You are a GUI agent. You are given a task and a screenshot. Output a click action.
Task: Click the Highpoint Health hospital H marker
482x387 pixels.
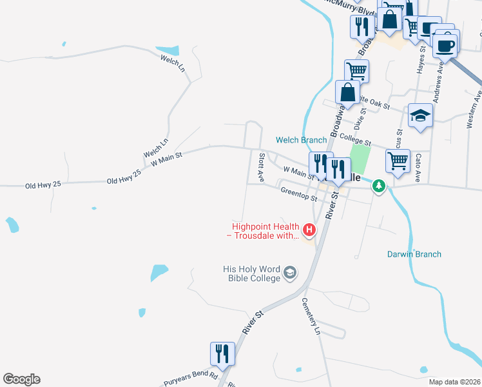(310, 229)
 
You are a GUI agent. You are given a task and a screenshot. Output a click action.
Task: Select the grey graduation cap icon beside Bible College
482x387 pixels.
(290, 273)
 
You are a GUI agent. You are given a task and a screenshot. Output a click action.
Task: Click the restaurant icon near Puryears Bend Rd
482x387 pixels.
(222, 353)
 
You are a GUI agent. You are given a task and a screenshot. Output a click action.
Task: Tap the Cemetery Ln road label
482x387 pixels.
(311, 317)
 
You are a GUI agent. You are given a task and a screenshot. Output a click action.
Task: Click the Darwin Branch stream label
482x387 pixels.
(414, 254)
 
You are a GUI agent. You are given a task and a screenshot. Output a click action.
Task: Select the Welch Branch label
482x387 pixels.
(302, 140)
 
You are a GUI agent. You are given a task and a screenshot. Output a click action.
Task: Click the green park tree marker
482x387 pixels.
(380, 186)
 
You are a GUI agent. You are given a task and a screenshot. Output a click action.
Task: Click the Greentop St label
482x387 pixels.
(299, 193)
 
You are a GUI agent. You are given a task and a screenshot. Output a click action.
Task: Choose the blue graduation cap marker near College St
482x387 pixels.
(420, 115)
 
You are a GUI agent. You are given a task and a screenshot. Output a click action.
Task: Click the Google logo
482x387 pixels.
(21, 379)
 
